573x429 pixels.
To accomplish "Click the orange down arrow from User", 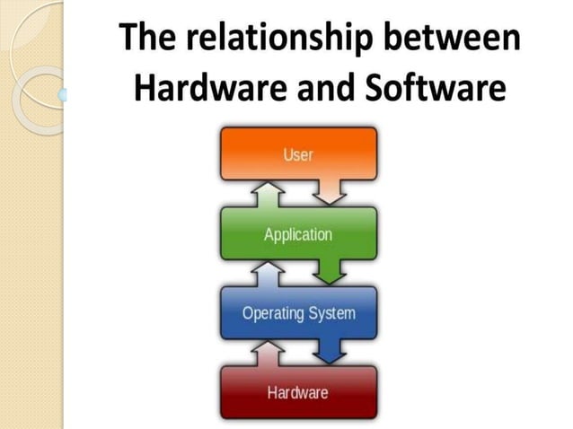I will point(334,189).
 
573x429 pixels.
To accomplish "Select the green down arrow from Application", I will point(334,269).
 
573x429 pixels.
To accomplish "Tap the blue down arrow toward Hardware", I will point(334,350).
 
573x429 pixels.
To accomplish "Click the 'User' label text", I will point(298,155).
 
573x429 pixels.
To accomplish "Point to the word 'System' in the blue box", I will point(331,314).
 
